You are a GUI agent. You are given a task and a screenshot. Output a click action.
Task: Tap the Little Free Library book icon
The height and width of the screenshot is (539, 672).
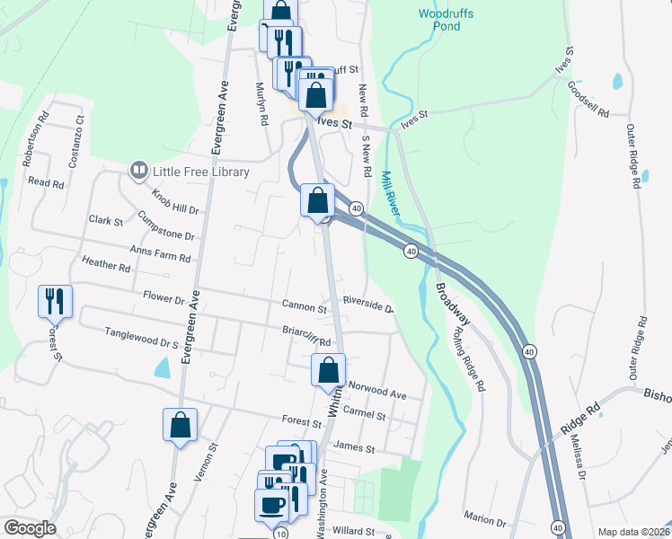click(x=138, y=170)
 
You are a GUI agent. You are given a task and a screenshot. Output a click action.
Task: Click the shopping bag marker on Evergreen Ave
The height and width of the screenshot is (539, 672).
click(x=180, y=425)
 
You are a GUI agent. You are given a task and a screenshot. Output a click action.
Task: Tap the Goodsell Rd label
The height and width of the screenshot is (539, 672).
click(x=588, y=101)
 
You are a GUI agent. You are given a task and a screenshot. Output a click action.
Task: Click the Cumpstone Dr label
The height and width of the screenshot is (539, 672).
click(x=167, y=225)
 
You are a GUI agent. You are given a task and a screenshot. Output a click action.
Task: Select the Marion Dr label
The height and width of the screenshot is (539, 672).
click(x=486, y=519)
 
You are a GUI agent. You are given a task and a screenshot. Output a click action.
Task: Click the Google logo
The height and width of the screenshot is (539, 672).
click(x=30, y=528)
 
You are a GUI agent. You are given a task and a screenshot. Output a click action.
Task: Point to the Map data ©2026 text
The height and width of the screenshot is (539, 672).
click(x=633, y=532)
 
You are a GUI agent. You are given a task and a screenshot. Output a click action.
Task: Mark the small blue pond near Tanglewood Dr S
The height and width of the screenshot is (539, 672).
click(x=162, y=367)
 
